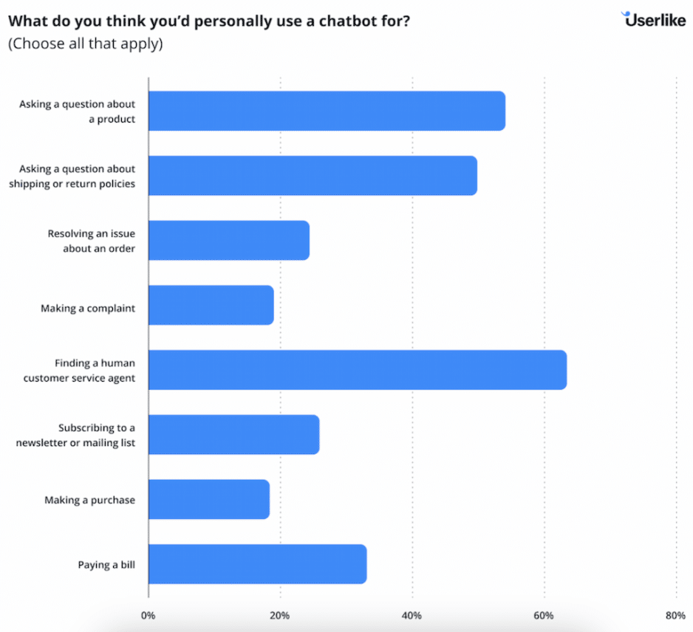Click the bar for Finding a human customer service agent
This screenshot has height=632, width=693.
click(357, 370)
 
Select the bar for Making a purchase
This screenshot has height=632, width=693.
click(208, 500)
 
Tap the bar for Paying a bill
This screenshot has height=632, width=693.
click(257, 565)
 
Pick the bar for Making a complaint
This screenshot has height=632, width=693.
click(211, 305)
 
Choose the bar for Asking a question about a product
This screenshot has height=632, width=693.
click(327, 111)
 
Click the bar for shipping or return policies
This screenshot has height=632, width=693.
click(313, 176)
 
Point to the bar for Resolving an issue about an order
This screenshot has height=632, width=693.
click(228, 241)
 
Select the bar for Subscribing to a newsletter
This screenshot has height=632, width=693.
click(233, 435)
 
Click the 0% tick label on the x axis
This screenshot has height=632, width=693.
click(148, 615)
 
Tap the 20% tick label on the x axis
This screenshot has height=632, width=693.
click(280, 615)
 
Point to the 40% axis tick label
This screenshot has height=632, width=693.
click(412, 615)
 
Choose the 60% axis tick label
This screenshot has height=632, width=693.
click(544, 615)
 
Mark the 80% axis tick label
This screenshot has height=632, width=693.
click(675, 615)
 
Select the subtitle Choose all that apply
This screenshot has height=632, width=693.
click(85, 44)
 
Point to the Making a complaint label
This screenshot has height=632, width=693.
click(88, 308)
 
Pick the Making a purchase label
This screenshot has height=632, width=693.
click(89, 500)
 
